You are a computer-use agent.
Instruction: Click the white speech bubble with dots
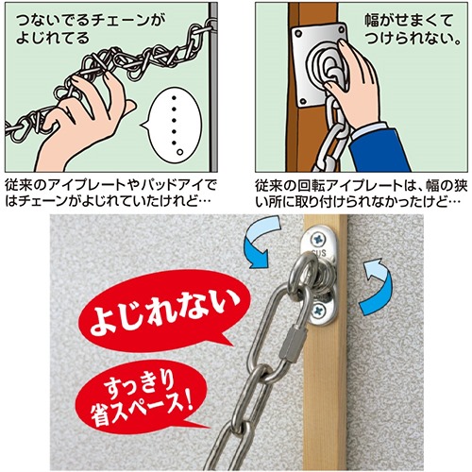174,124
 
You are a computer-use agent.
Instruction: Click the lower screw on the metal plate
318,312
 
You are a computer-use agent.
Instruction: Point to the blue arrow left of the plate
262,241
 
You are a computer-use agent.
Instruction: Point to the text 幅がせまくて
409,22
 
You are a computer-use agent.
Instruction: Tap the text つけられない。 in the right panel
413,40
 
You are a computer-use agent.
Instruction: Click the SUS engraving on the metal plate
318,253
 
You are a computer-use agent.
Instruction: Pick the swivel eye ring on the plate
301,277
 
